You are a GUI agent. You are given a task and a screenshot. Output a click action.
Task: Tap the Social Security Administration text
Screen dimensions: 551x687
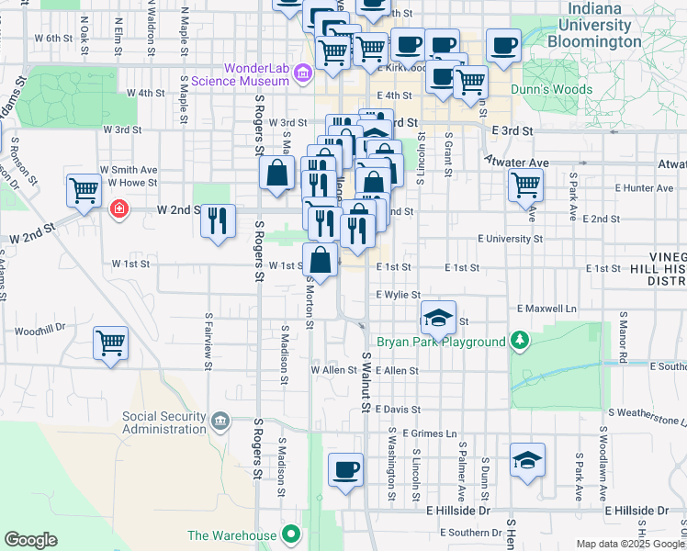click(x=164, y=422)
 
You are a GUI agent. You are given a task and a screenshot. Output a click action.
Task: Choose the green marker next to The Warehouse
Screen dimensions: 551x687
click(x=292, y=534)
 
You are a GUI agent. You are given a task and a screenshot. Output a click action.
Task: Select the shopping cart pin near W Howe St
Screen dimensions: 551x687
click(x=83, y=191)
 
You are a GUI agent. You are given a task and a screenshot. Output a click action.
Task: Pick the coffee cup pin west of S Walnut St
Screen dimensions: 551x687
click(x=346, y=469)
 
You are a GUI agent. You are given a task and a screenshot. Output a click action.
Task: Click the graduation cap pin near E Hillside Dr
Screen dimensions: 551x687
click(x=528, y=459)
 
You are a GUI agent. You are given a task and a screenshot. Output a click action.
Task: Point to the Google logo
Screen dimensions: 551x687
click(x=30, y=540)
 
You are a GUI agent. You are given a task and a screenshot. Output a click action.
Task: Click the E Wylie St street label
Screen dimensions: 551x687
click(x=397, y=295)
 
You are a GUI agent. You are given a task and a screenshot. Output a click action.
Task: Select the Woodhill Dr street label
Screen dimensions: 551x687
click(x=40, y=328)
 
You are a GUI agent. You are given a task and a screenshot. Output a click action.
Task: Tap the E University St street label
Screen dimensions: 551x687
click(x=510, y=239)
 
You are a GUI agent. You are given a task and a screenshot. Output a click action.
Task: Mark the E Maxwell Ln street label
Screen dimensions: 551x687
click(x=547, y=309)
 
